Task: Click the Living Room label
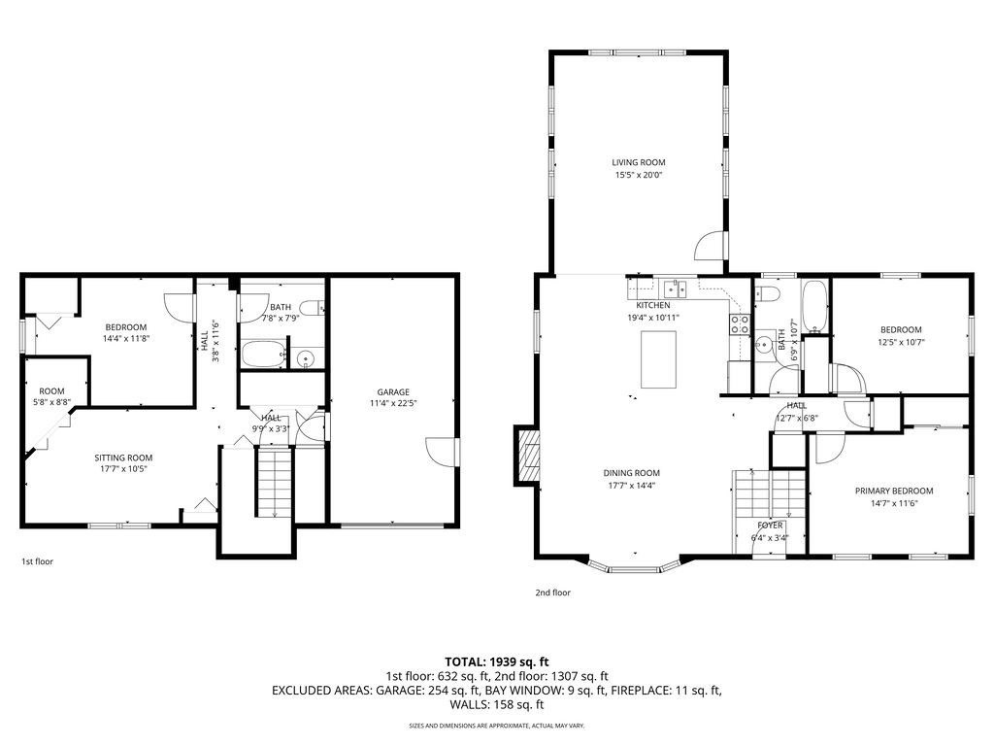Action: point(639,162)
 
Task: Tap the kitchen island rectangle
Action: point(658,359)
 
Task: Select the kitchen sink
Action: point(675,289)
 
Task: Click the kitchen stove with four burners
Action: point(739,324)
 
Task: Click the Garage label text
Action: point(393,392)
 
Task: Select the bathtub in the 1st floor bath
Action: point(263,354)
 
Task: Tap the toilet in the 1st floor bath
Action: point(312,309)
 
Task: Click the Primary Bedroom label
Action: point(894,491)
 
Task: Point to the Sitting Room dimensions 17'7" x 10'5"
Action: point(123,469)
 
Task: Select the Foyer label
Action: point(770,526)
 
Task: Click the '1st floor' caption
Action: point(38,561)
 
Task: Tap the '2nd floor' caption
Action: point(552,593)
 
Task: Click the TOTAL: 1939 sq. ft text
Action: point(496,662)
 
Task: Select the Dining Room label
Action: point(631,473)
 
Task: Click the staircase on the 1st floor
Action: point(275,483)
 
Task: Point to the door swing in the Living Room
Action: point(709,245)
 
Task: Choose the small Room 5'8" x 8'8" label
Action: point(52,391)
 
